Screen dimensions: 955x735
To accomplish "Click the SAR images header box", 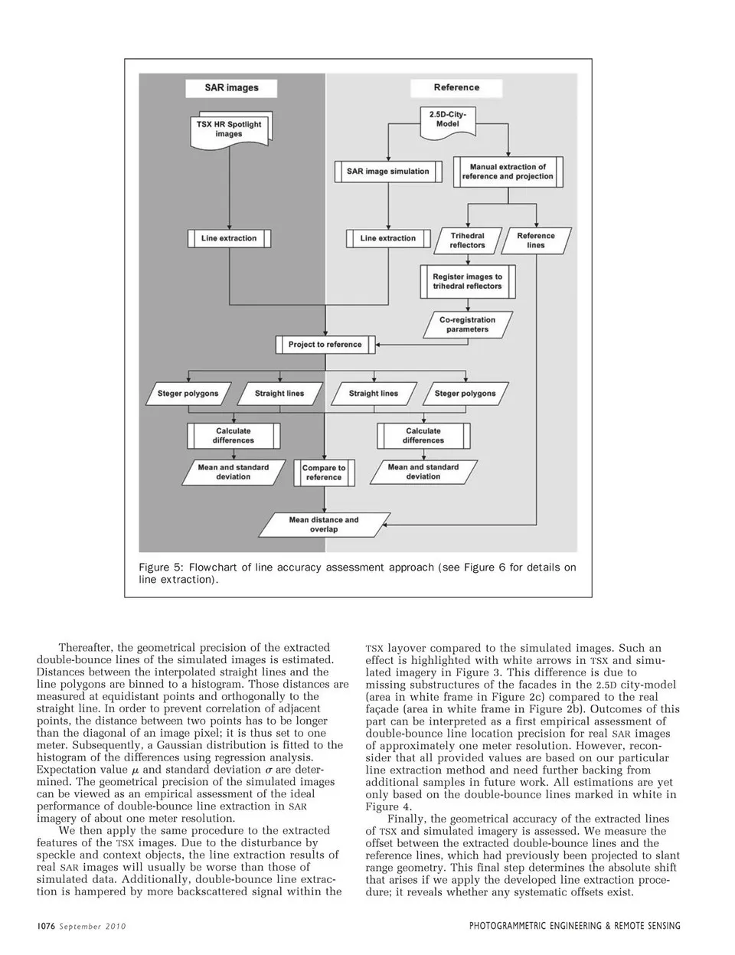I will [x=231, y=87].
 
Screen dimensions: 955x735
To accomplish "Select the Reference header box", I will [x=456, y=87].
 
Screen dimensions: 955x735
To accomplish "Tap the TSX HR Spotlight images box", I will [x=228, y=129].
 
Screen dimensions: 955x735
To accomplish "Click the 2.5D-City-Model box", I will [x=448, y=119].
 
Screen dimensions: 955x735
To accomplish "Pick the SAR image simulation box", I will [x=387, y=172].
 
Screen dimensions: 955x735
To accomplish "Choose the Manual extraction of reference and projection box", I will [x=508, y=172].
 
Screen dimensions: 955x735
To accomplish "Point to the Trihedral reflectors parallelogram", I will [x=468, y=240].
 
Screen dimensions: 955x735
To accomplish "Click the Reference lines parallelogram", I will [x=536, y=240].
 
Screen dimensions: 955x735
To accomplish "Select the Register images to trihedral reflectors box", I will [x=467, y=281].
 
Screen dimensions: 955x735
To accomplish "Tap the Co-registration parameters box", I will [x=467, y=325].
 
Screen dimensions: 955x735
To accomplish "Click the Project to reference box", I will [x=325, y=345].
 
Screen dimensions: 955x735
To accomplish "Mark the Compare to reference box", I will [x=324, y=473].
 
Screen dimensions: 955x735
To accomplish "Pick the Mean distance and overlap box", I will [x=324, y=525].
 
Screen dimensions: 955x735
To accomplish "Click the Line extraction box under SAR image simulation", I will [x=387, y=238].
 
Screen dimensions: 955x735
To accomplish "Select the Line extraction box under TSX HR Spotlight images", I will [x=229, y=238].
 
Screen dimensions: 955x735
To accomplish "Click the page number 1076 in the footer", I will [x=46, y=926].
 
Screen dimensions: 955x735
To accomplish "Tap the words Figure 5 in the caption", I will [x=158, y=567].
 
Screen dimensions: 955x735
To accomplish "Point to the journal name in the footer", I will [x=574, y=926].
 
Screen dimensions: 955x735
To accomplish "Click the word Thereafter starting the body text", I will [x=86, y=647].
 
